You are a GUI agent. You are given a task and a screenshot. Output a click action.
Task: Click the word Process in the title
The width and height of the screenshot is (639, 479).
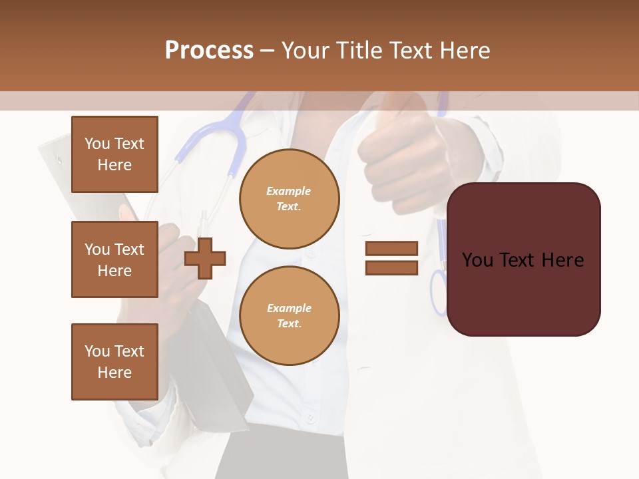(x=209, y=51)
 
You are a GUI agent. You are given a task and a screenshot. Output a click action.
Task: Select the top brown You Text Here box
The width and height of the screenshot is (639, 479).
(x=114, y=154)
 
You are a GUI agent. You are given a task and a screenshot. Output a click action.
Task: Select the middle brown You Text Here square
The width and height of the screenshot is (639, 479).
(x=114, y=259)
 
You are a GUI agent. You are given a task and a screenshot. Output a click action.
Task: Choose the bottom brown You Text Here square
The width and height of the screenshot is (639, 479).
(x=114, y=362)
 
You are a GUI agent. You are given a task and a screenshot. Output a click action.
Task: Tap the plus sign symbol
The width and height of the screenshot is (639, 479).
(x=205, y=258)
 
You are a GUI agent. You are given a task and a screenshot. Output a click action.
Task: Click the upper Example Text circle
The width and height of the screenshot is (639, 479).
(x=289, y=198)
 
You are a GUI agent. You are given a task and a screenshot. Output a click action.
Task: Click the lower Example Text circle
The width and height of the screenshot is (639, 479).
(x=289, y=315)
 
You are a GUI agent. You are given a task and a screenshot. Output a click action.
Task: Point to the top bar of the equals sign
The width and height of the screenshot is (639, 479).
(x=391, y=248)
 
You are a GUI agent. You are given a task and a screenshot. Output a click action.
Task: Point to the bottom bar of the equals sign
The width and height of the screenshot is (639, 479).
(x=391, y=268)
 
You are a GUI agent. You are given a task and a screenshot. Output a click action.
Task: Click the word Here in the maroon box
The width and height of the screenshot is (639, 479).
(x=562, y=260)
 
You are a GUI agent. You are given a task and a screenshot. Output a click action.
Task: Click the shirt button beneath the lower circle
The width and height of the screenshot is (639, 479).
(x=310, y=418)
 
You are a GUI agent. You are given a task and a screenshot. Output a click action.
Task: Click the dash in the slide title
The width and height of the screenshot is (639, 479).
(x=268, y=51)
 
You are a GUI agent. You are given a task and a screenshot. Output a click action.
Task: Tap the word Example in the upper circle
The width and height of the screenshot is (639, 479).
(x=289, y=191)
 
